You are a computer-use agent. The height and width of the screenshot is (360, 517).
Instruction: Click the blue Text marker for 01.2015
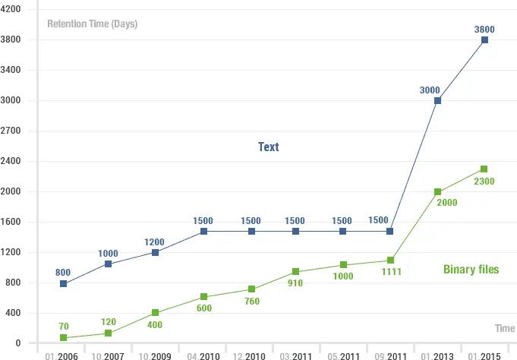click(484, 40)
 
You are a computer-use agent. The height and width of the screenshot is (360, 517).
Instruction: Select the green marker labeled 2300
click(484, 169)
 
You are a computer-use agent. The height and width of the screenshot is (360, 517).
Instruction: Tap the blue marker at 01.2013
click(438, 101)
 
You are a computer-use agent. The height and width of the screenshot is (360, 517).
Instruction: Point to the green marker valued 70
click(64, 338)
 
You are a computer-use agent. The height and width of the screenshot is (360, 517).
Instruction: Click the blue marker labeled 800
click(64, 284)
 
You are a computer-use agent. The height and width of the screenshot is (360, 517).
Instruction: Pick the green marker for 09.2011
click(391, 261)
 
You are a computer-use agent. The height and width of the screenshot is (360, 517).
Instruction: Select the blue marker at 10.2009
click(155, 252)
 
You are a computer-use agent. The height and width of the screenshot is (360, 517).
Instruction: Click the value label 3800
click(484, 30)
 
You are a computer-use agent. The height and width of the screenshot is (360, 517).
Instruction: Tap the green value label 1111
click(391, 271)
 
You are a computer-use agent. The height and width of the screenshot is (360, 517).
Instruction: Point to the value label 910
click(295, 283)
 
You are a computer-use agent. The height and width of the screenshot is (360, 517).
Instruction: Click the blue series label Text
click(268, 147)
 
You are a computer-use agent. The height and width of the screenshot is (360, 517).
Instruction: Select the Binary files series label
click(471, 270)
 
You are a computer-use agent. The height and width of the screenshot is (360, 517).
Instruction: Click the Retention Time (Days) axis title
click(92, 24)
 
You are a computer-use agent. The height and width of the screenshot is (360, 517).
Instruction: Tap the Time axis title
click(505, 328)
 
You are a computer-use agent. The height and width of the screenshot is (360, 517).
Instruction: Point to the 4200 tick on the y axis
click(12, 9)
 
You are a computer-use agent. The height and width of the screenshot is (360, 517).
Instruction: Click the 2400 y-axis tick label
click(12, 161)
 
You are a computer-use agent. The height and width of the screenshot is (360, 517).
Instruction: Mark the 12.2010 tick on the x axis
click(251, 355)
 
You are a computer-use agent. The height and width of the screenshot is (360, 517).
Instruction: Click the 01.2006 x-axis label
click(61, 355)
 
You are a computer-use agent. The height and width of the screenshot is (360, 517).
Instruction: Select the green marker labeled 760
click(251, 289)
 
